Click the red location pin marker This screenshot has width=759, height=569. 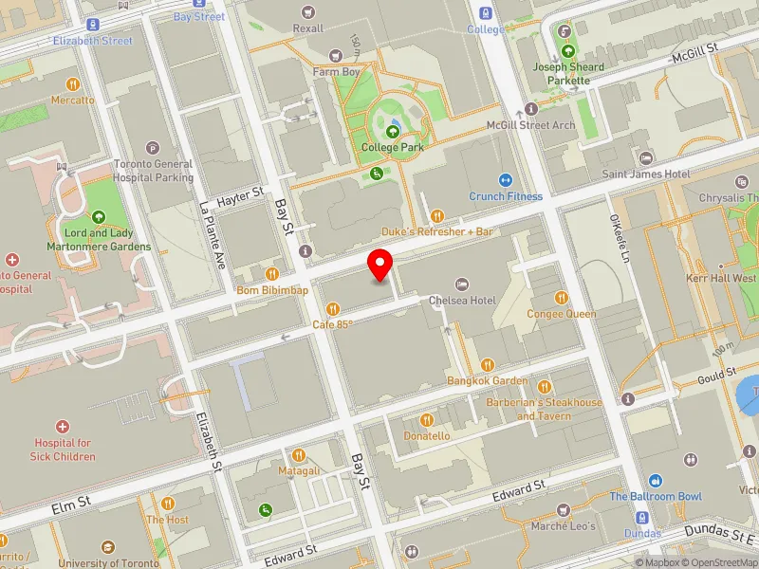[380, 264]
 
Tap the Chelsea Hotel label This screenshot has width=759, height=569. [462, 300]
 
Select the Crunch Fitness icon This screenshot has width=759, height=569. [506, 180]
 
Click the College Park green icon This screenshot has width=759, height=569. [392, 131]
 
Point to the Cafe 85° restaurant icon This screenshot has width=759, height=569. [333, 308]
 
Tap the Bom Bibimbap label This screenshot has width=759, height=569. [272, 290]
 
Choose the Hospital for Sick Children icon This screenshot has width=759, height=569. [64, 427]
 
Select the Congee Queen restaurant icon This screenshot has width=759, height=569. [562, 298]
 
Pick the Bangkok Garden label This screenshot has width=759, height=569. [488, 380]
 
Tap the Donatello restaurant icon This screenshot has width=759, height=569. [427, 419]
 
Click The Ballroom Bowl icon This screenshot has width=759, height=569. [655, 482]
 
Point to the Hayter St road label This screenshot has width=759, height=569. [240, 195]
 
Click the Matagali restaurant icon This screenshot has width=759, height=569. [299, 455]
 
